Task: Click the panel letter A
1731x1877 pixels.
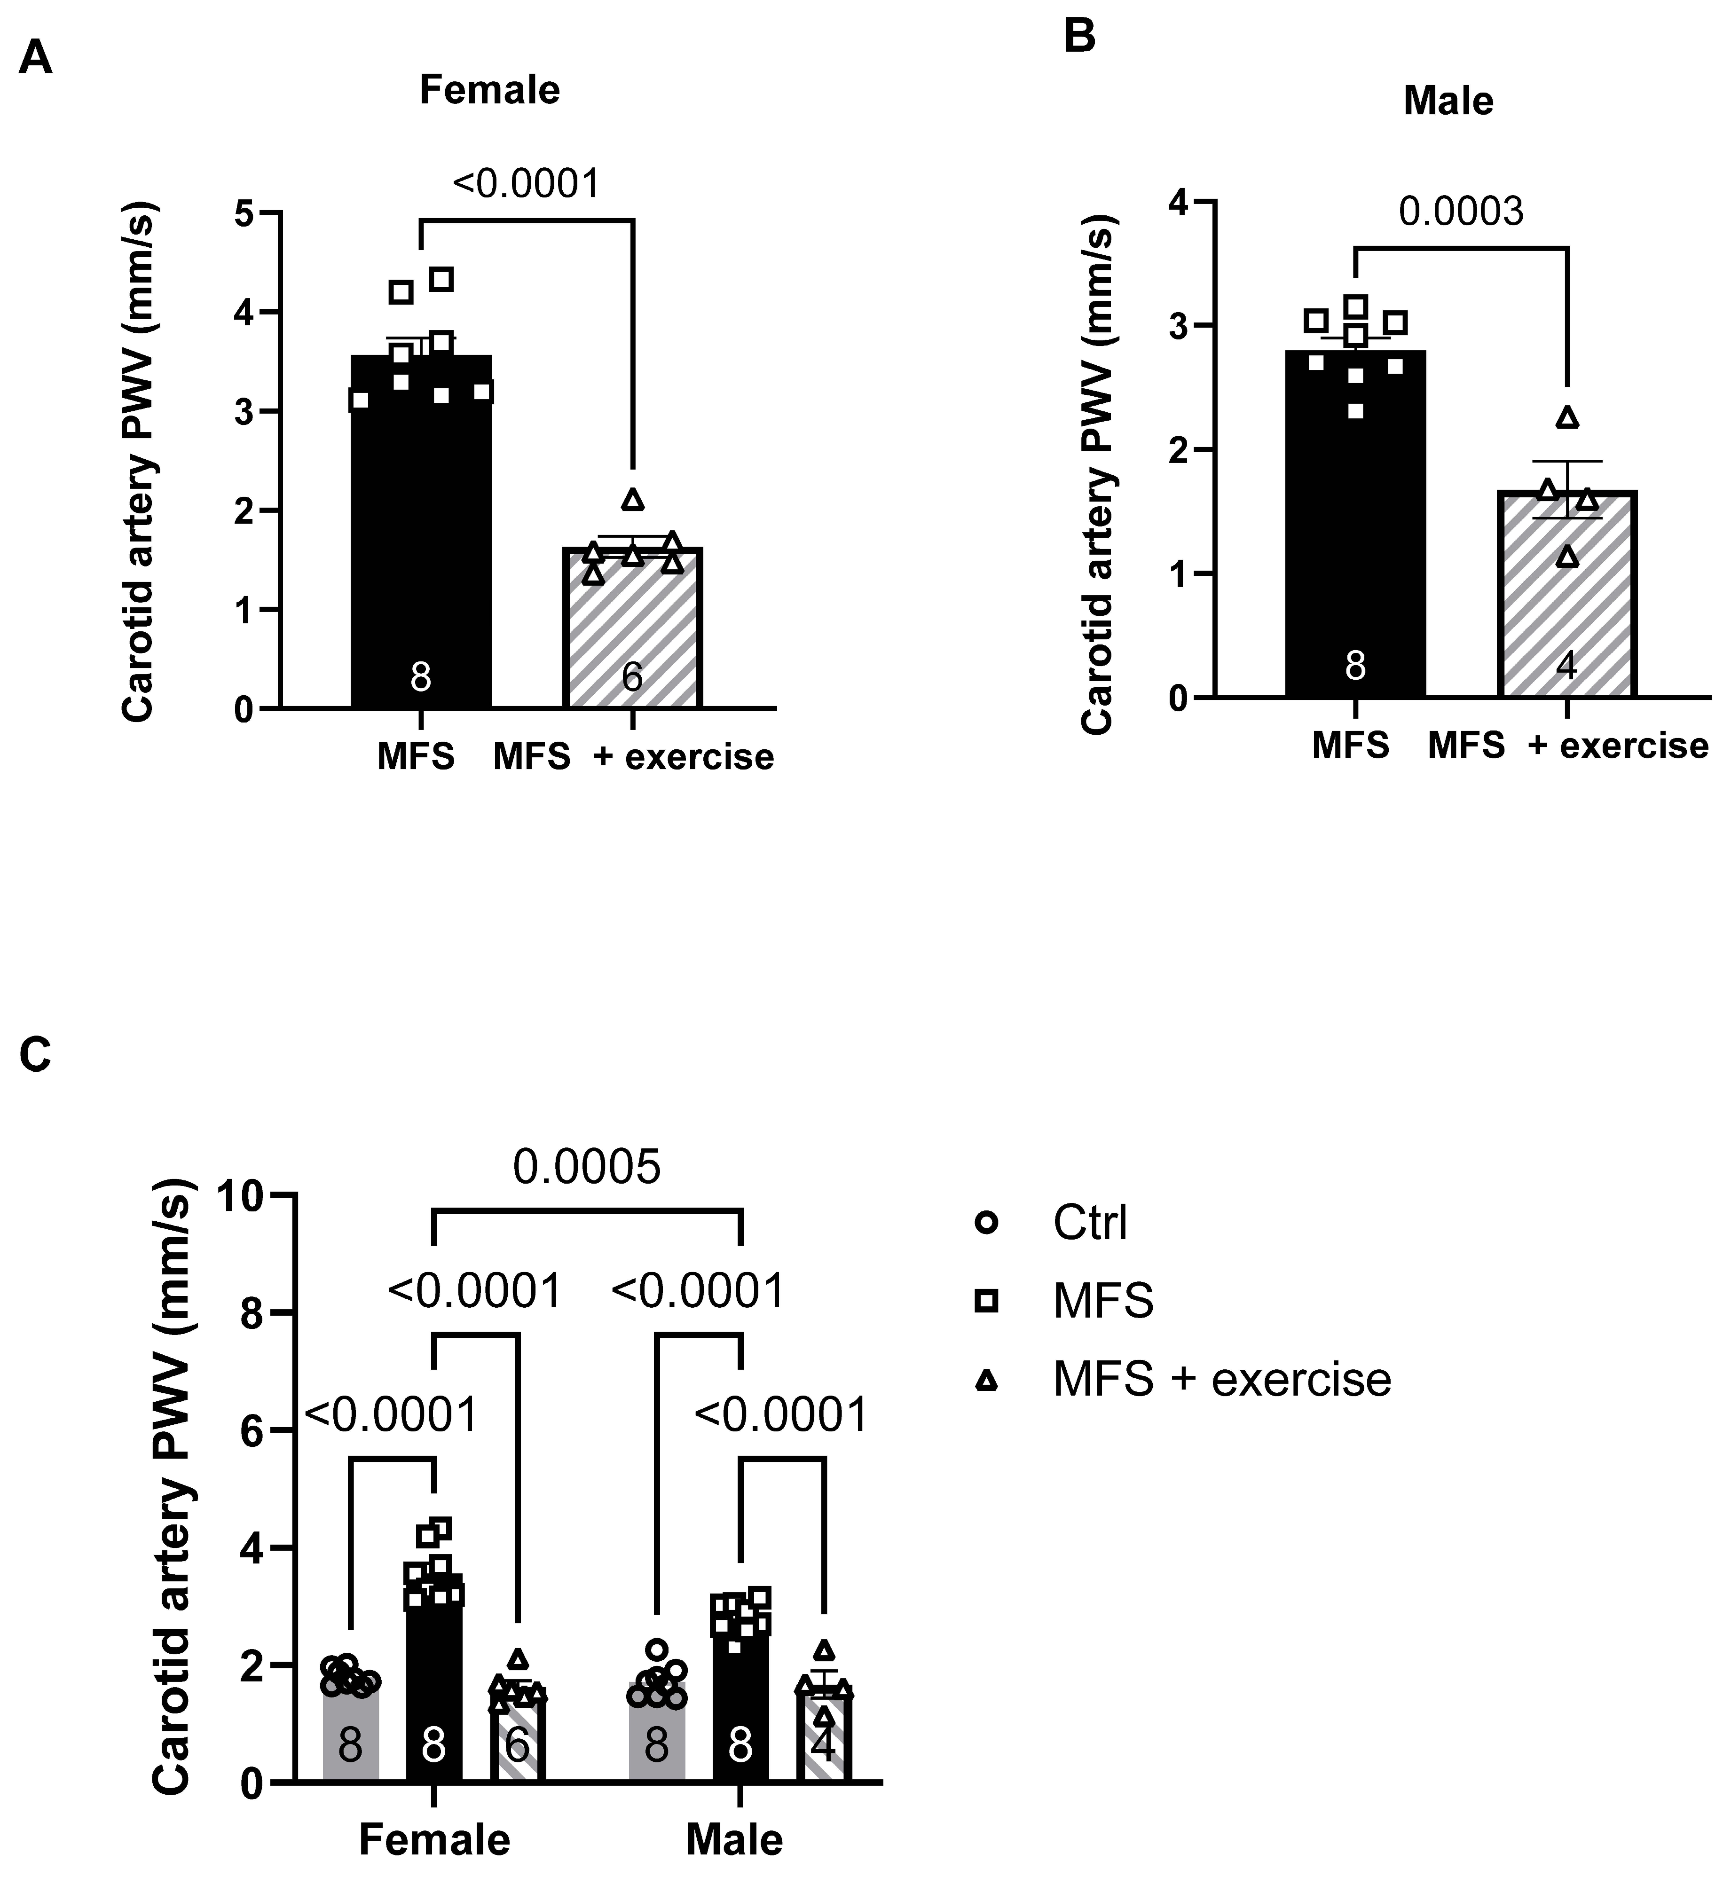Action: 36,58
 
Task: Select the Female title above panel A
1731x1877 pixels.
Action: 489,90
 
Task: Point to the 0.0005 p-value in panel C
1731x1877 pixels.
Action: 586,1167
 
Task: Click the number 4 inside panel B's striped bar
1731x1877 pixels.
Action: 1566,667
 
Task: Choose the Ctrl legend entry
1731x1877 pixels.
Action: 1089,1222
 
